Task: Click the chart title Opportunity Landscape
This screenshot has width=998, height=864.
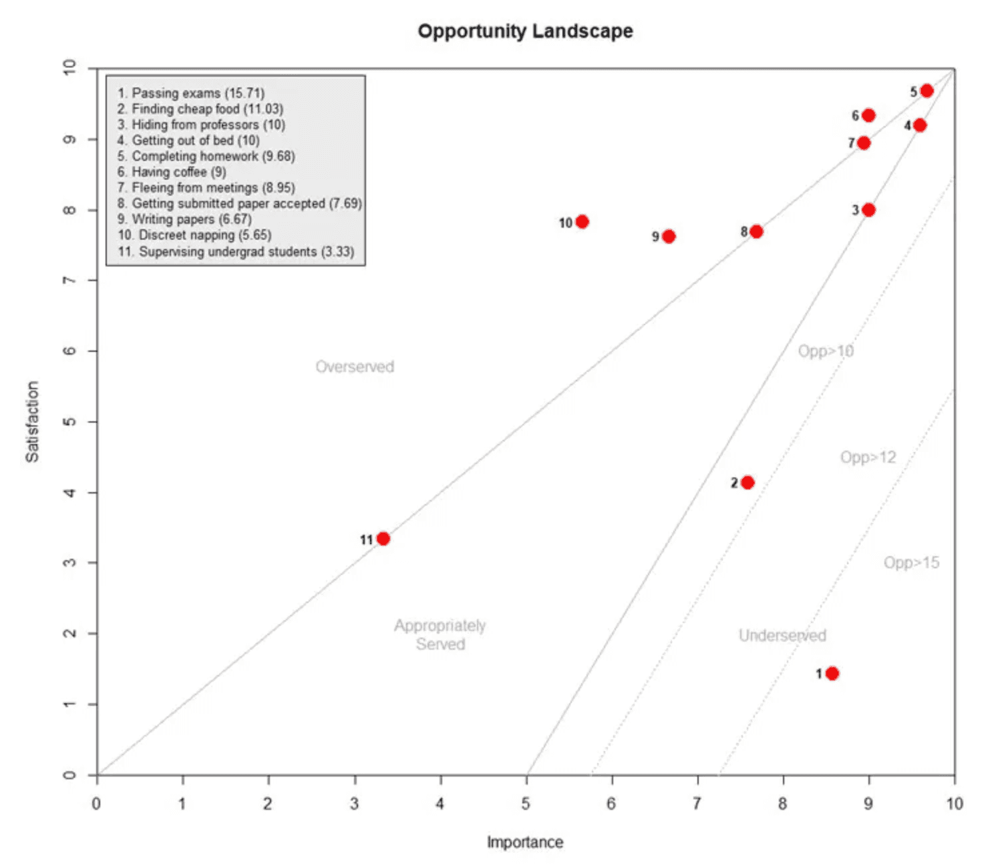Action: tap(525, 31)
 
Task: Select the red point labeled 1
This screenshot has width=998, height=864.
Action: tap(832, 673)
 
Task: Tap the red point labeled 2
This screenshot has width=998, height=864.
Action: tap(747, 482)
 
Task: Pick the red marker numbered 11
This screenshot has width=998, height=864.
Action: tap(383, 538)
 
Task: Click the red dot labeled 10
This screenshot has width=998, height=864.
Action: tap(582, 222)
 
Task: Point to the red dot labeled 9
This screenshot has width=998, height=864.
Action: tap(668, 236)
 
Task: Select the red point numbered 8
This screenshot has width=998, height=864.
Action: tap(756, 232)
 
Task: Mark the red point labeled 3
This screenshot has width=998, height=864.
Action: tap(868, 210)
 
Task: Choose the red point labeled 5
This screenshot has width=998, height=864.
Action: tap(927, 91)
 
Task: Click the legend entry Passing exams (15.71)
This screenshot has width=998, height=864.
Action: tap(191, 93)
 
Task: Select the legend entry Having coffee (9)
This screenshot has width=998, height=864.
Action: tap(172, 172)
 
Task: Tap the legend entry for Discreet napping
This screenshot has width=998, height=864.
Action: tap(194, 235)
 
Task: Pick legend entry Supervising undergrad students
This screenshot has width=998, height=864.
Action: tap(236, 252)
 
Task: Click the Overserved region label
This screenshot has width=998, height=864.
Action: tap(355, 367)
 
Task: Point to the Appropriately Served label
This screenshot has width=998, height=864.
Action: tap(440, 634)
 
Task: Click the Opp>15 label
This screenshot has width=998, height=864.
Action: tap(911, 562)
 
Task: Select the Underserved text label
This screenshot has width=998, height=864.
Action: tap(782, 635)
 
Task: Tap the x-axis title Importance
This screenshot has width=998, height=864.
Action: tap(524, 842)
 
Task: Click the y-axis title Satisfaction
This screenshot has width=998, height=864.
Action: tap(32, 421)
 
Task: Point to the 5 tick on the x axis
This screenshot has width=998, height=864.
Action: tap(526, 803)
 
